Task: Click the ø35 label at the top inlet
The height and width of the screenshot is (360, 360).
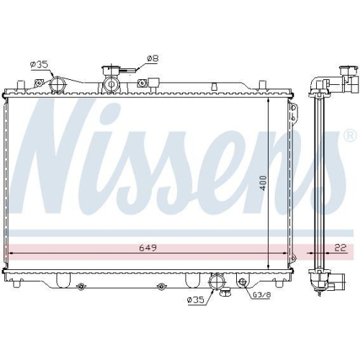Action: [x=39, y=65]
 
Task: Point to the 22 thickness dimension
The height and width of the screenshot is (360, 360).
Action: [x=340, y=248]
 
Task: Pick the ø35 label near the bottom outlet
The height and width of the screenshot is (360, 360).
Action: [x=194, y=300]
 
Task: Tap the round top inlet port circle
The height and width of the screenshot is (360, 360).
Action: [x=58, y=85]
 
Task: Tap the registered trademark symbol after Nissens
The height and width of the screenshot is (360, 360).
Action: [x=350, y=135]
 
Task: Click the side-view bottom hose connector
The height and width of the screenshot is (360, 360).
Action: [x=320, y=279]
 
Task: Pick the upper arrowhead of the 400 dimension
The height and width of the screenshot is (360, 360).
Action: [x=269, y=101]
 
